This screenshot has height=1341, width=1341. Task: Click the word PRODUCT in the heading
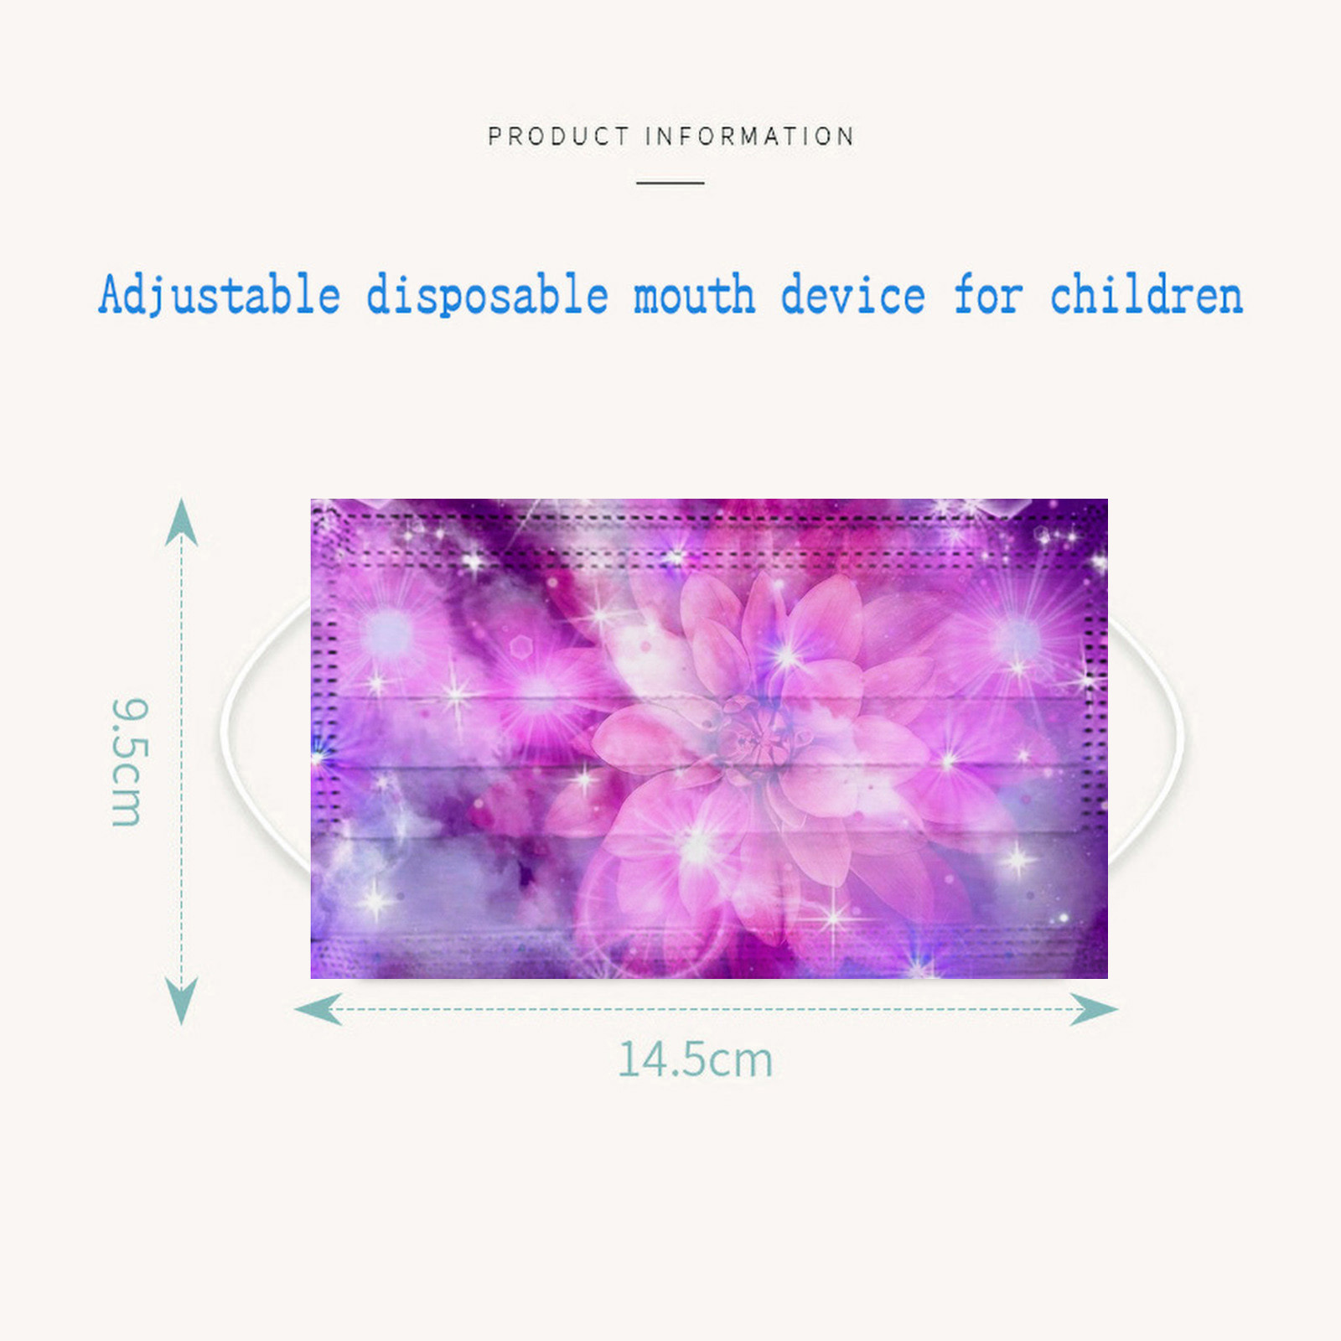pyautogui.click(x=558, y=136)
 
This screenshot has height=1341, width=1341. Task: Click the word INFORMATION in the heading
pyautogui.click(x=750, y=136)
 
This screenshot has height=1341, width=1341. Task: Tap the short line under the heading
pyautogui.click(x=670, y=182)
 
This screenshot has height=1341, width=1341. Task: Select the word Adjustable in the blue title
pyautogui.click(x=220, y=295)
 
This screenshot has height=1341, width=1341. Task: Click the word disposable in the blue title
pyautogui.click(x=487, y=295)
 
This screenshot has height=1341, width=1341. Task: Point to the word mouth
pyautogui.click(x=694, y=295)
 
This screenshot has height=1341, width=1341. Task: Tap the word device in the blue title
pyautogui.click(x=853, y=295)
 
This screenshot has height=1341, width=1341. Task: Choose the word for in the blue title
pyautogui.click(x=988, y=295)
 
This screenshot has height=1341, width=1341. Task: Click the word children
pyautogui.click(x=1147, y=295)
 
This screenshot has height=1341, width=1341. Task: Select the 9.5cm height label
pyautogui.click(x=129, y=762)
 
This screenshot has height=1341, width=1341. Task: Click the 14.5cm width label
pyautogui.click(x=695, y=1059)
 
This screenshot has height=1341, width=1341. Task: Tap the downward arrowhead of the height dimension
pyautogui.click(x=182, y=1002)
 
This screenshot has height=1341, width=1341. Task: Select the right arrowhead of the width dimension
pyautogui.click(x=1095, y=1009)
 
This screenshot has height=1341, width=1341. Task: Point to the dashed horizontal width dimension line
pyautogui.click(x=707, y=1009)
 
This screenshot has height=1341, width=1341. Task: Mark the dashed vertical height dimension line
pyautogui.click(x=182, y=762)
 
